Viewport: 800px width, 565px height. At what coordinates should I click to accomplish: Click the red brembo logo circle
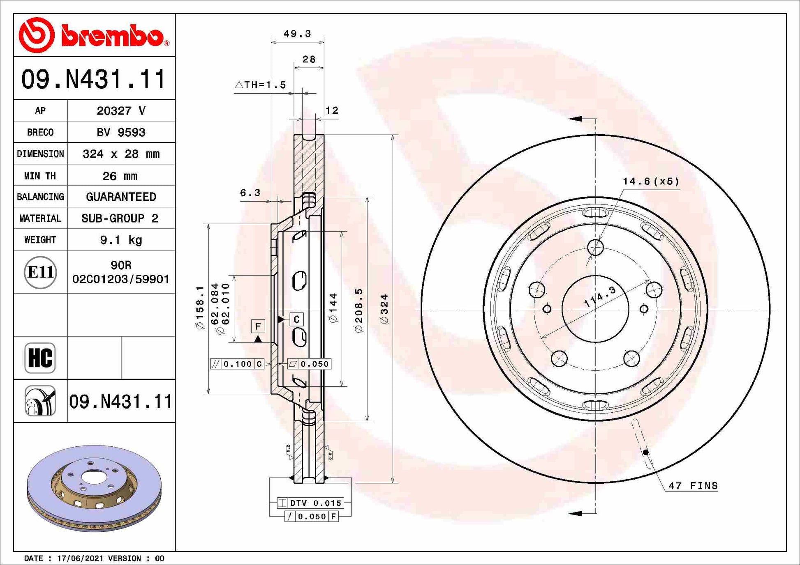(37, 35)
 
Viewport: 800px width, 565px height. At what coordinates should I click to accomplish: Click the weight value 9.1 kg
(121, 240)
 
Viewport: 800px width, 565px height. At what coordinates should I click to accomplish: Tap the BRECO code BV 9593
(121, 132)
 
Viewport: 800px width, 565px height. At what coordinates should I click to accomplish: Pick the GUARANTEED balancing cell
(121, 197)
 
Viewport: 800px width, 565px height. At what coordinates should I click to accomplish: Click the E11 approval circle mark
(40, 272)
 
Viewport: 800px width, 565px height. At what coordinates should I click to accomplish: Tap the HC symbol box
(40, 358)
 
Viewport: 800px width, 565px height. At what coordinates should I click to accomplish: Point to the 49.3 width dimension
(297, 34)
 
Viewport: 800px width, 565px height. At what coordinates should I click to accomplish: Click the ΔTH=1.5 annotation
(260, 85)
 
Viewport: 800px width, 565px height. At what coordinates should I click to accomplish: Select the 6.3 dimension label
(250, 193)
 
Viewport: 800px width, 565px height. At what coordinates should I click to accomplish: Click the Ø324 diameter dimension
(384, 309)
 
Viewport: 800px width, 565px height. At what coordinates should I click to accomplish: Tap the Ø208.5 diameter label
(359, 310)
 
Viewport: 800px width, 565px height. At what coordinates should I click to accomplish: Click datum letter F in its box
(258, 326)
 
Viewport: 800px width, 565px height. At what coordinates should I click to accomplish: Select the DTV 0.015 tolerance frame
(311, 503)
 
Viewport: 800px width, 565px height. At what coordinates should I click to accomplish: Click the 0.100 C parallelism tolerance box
(237, 364)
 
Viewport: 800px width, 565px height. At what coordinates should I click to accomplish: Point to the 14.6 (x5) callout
(650, 181)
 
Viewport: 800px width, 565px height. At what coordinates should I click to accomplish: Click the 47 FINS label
(693, 486)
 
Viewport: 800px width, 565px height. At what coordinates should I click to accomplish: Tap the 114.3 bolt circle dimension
(600, 296)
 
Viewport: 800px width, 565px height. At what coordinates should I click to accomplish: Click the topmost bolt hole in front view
(595, 248)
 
